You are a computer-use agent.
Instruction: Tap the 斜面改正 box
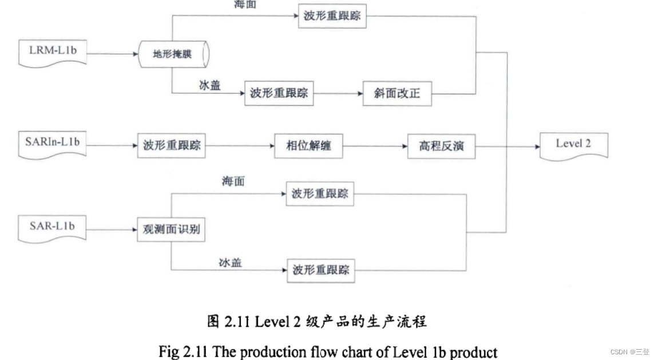pos(397,93)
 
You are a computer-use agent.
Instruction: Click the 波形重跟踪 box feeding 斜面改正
pos(279,93)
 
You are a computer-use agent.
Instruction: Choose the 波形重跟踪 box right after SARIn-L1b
pos(172,146)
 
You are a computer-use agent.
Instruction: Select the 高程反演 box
pos(441,146)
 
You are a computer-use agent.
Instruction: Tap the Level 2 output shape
pos(573,145)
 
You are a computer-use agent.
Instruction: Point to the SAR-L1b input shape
pos(52,227)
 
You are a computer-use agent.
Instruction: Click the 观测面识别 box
pos(172,230)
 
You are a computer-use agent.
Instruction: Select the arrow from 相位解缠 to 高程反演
pos(375,146)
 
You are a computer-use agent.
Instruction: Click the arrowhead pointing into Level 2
pos(537,147)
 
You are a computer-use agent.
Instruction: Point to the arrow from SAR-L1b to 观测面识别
pos(112,230)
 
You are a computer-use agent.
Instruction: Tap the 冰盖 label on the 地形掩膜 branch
pos(209,86)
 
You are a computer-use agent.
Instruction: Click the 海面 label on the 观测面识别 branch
pos(233,181)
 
